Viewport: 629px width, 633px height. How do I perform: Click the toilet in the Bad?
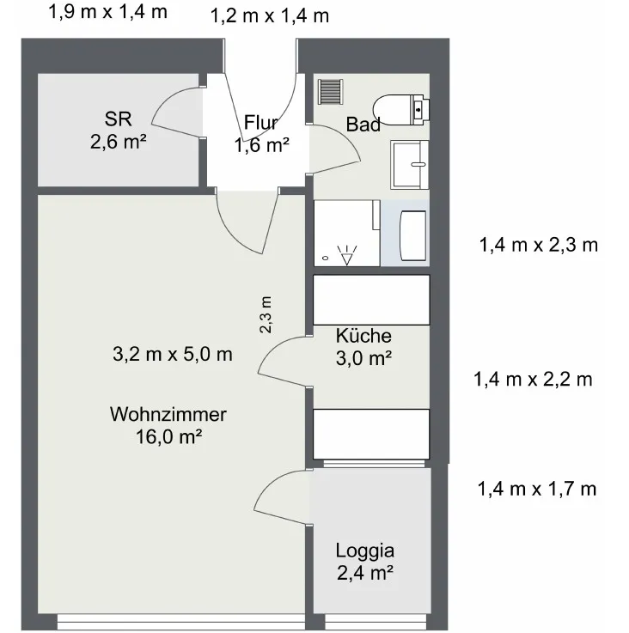(400, 110)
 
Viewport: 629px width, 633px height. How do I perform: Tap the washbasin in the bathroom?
(409, 165)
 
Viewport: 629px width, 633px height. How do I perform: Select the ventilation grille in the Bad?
(331, 92)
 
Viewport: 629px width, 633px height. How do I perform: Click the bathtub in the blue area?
(412, 235)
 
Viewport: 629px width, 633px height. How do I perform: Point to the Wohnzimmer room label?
(168, 414)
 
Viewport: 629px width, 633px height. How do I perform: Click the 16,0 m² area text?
(169, 436)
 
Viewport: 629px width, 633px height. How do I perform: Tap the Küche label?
(363, 336)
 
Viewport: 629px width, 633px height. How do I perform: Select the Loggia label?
(365, 551)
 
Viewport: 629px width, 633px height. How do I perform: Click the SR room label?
(118, 119)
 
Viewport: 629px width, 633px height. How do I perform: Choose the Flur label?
(261, 123)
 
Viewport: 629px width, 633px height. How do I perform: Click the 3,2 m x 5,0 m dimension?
(173, 355)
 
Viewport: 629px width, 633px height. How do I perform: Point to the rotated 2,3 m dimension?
(266, 315)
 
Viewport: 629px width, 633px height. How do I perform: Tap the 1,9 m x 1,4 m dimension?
(108, 12)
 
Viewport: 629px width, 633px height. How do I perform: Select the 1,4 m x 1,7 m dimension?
(537, 489)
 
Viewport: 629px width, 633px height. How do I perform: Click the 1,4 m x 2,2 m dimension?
(533, 380)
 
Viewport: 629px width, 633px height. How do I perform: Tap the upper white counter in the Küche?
(372, 300)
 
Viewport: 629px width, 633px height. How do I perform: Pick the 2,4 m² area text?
(365, 573)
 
